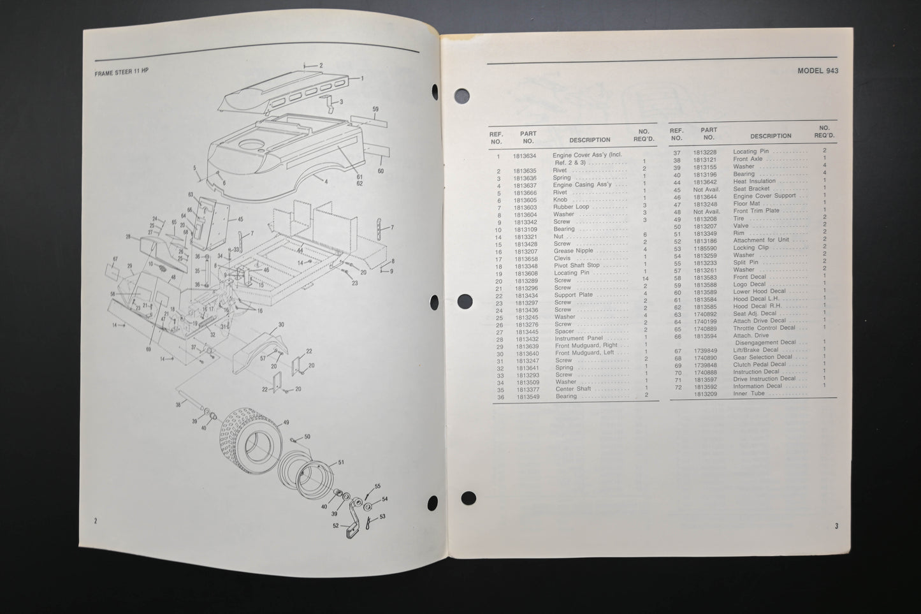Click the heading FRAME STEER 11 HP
point(121,73)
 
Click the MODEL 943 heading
point(818,71)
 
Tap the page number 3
point(836,526)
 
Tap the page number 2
point(96,521)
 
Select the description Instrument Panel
point(578,339)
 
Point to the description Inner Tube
point(748,393)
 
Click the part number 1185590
point(705,248)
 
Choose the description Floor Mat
point(746,204)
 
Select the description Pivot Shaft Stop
point(576,265)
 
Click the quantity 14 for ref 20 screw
point(645,279)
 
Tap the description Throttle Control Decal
point(764,328)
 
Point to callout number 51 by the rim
point(341,462)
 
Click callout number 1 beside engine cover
point(361,78)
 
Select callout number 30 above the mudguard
point(281,325)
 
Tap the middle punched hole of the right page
point(465,300)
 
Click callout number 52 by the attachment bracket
point(335,526)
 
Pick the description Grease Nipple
point(573,251)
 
